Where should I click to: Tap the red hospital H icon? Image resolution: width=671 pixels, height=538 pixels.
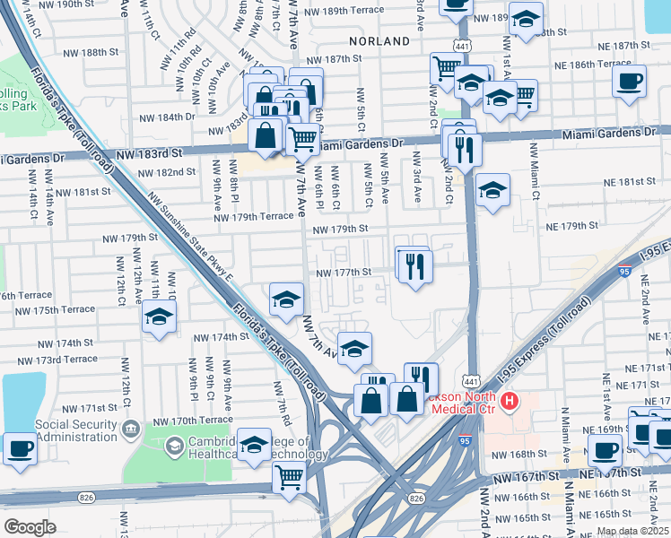(x=510, y=401)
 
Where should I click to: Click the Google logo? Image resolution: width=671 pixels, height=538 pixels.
(x=30, y=527)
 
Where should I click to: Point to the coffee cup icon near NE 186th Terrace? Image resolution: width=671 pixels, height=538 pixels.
(x=629, y=82)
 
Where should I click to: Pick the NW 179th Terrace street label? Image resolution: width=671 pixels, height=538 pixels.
(x=253, y=216)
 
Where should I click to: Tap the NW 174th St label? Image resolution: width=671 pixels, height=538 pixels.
(x=221, y=337)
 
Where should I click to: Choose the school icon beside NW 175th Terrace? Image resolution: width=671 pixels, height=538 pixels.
(x=159, y=317)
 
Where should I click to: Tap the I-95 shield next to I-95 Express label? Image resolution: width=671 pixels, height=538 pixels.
(x=624, y=269)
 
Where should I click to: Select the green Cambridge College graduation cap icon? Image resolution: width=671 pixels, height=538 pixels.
(x=174, y=446)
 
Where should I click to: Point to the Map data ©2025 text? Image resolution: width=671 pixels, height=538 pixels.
(x=632, y=531)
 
